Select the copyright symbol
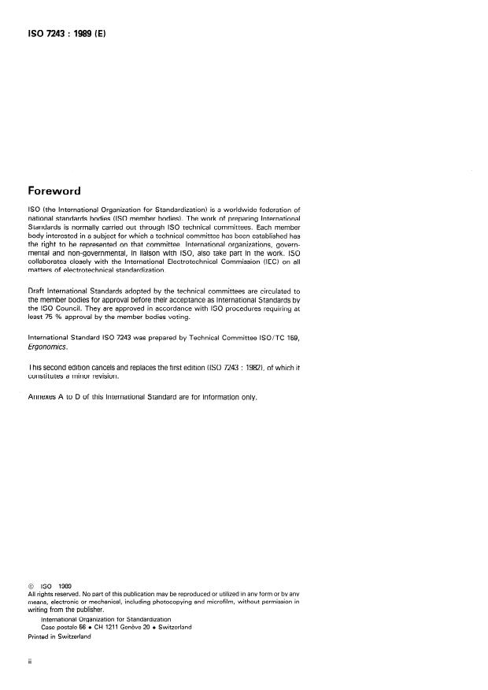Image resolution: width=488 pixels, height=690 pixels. pos(31,585)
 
